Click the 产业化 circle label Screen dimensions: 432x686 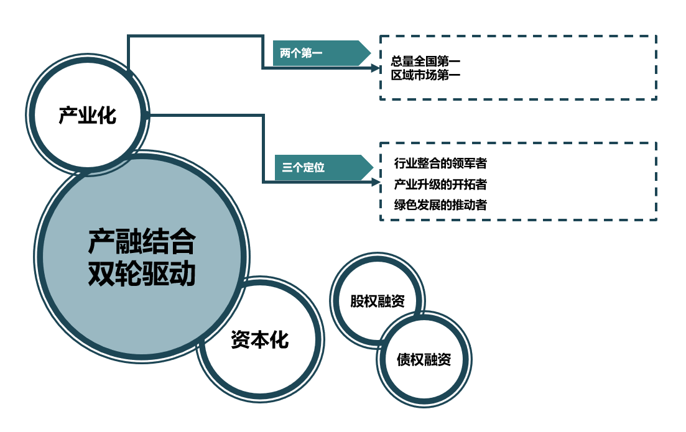coord(88,116)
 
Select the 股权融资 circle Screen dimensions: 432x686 coord(378,301)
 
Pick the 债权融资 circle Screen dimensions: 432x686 coord(424,360)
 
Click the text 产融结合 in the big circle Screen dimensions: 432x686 coord(141,242)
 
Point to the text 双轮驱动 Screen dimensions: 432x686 coord(141,273)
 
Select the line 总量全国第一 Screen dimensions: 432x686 coord(425,62)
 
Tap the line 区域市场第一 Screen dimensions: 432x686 coord(425,75)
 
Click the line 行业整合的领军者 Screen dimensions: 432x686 coord(440,164)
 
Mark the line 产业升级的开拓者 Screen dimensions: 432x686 coord(440,185)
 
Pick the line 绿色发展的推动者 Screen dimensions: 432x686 coord(440,205)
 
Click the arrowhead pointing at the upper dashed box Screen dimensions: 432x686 coord(375,68)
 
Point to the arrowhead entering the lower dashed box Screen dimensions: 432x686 coord(375,182)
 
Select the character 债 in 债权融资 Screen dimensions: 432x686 coord(404,360)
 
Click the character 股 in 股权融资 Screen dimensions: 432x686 coord(357,301)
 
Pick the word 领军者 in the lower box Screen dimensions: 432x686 coord(473,164)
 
